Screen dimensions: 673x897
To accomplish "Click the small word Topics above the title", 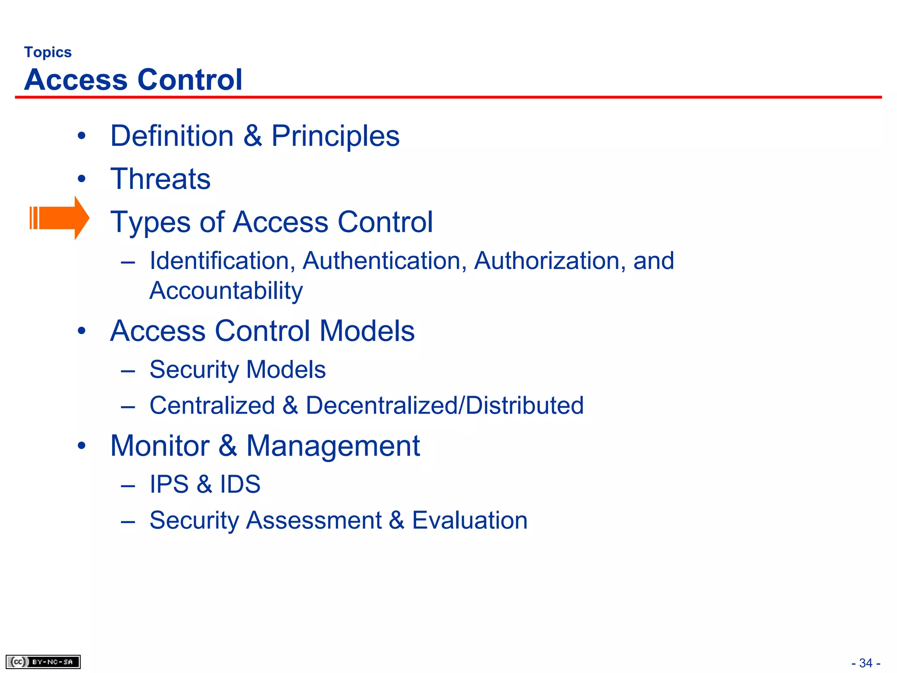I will tap(48, 52).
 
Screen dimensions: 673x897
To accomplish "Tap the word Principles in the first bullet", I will tap(335, 136).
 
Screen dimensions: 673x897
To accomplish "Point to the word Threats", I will tap(160, 179).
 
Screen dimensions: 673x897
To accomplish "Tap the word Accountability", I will tap(226, 290).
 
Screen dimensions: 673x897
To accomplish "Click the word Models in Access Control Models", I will tap(367, 331).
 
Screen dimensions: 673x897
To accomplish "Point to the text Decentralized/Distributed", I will tap(445, 405).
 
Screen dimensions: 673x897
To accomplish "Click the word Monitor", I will tap(160, 446).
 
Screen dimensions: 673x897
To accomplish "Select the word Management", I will tap(333, 446).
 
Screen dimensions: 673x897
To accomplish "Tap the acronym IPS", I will tap(169, 484).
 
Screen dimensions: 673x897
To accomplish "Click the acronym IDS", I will tap(240, 484).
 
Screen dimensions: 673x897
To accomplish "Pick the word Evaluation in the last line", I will tap(470, 520).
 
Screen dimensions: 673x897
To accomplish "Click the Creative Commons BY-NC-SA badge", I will tap(43, 662).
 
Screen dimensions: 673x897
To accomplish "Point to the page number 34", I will tap(866, 663).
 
